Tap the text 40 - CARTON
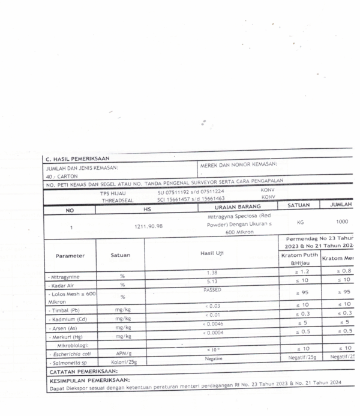[59, 176]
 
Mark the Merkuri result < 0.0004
[212, 333]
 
